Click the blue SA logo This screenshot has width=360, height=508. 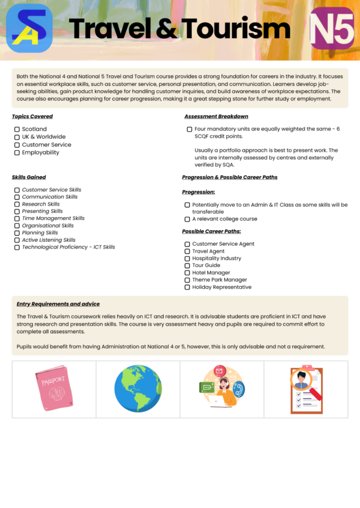(x=29, y=28)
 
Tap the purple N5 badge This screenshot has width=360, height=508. (x=332, y=28)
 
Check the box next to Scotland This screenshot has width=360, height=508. (x=17, y=129)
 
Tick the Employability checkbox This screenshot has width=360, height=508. (x=17, y=153)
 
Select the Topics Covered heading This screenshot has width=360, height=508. (x=32, y=117)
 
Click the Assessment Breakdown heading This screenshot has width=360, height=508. (x=216, y=117)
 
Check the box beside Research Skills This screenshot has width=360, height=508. (x=17, y=204)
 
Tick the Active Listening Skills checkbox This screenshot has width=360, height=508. (x=17, y=240)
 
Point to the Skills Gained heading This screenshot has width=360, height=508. (x=29, y=177)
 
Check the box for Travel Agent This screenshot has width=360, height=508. (x=187, y=252)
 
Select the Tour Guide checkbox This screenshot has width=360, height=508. (x=187, y=266)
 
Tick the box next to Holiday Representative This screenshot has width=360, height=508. (x=187, y=287)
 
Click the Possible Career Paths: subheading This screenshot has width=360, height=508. (x=211, y=231)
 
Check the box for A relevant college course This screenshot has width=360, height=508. (x=187, y=219)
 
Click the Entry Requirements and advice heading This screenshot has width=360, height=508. (x=58, y=304)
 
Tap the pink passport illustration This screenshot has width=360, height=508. (x=54, y=388)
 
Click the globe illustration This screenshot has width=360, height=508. (x=138, y=389)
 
